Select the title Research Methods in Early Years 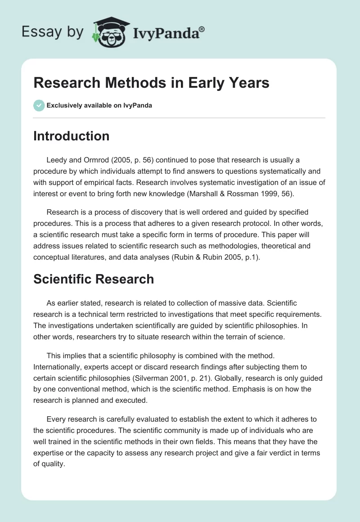coord(151,83)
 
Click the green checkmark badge coord(39,105)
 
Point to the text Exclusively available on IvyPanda coord(99,106)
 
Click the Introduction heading coord(71,136)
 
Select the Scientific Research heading coord(94,279)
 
